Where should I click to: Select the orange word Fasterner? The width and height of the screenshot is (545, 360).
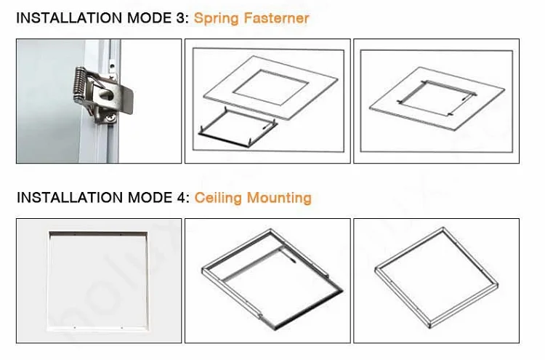(x=276, y=18)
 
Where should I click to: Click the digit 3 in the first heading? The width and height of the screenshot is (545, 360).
(x=181, y=18)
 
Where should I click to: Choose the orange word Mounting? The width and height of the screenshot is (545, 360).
(x=279, y=198)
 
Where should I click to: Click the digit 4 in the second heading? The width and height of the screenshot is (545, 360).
(x=182, y=198)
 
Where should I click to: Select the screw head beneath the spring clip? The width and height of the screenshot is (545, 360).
(x=111, y=119)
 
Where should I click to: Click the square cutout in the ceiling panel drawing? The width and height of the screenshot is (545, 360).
(x=271, y=87)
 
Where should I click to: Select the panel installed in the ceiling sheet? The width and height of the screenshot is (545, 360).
(x=437, y=98)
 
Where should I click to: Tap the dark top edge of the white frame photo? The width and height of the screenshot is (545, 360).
(x=98, y=234)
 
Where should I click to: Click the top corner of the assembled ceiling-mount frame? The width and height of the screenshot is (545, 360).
(x=443, y=228)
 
